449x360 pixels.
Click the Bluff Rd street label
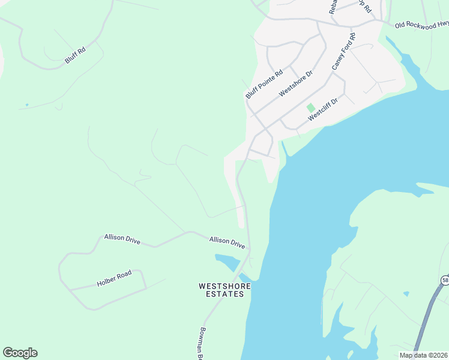[x=75, y=56]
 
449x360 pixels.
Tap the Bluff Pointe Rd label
[x=264, y=85]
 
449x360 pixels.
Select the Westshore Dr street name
[x=296, y=83]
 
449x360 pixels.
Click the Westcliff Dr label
[x=323, y=110]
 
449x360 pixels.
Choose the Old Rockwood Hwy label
[x=421, y=25]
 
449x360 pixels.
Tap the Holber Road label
[x=114, y=278]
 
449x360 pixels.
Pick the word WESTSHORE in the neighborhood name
[x=224, y=286]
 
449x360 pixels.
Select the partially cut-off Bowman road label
[x=202, y=344]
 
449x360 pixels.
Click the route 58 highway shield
[x=445, y=280]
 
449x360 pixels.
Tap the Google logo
[x=20, y=353]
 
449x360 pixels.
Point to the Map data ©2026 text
[x=423, y=355]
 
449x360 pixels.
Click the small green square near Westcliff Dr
[x=310, y=107]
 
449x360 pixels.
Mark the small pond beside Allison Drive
[x=228, y=261]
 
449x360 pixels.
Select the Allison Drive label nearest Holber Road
[x=122, y=239]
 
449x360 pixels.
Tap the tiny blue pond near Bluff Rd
[x=26, y=105]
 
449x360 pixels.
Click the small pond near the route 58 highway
[x=406, y=293]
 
